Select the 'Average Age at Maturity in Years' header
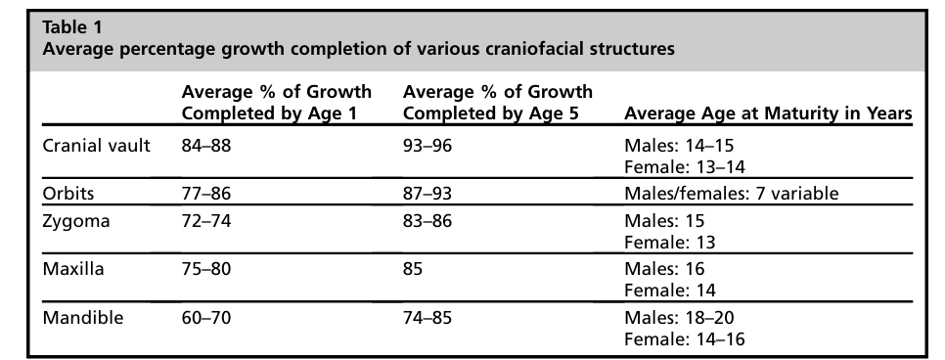click(x=768, y=113)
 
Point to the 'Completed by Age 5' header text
click(x=490, y=113)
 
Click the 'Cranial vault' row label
click(x=97, y=146)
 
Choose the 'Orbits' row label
click(x=68, y=193)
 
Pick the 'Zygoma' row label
click(x=76, y=221)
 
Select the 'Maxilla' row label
click(x=73, y=268)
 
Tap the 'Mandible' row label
click(x=82, y=317)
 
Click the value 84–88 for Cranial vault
click(x=206, y=146)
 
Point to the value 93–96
click(x=427, y=146)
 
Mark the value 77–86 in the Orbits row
click(x=206, y=193)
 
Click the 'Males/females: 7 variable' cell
click(x=731, y=193)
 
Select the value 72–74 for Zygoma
click(x=206, y=221)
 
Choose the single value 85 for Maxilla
click(x=413, y=268)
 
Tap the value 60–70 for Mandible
click(x=206, y=317)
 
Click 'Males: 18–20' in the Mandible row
click(x=679, y=317)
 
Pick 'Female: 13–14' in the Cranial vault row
click(x=685, y=166)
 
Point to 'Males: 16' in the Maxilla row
click(x=664, y=268)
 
